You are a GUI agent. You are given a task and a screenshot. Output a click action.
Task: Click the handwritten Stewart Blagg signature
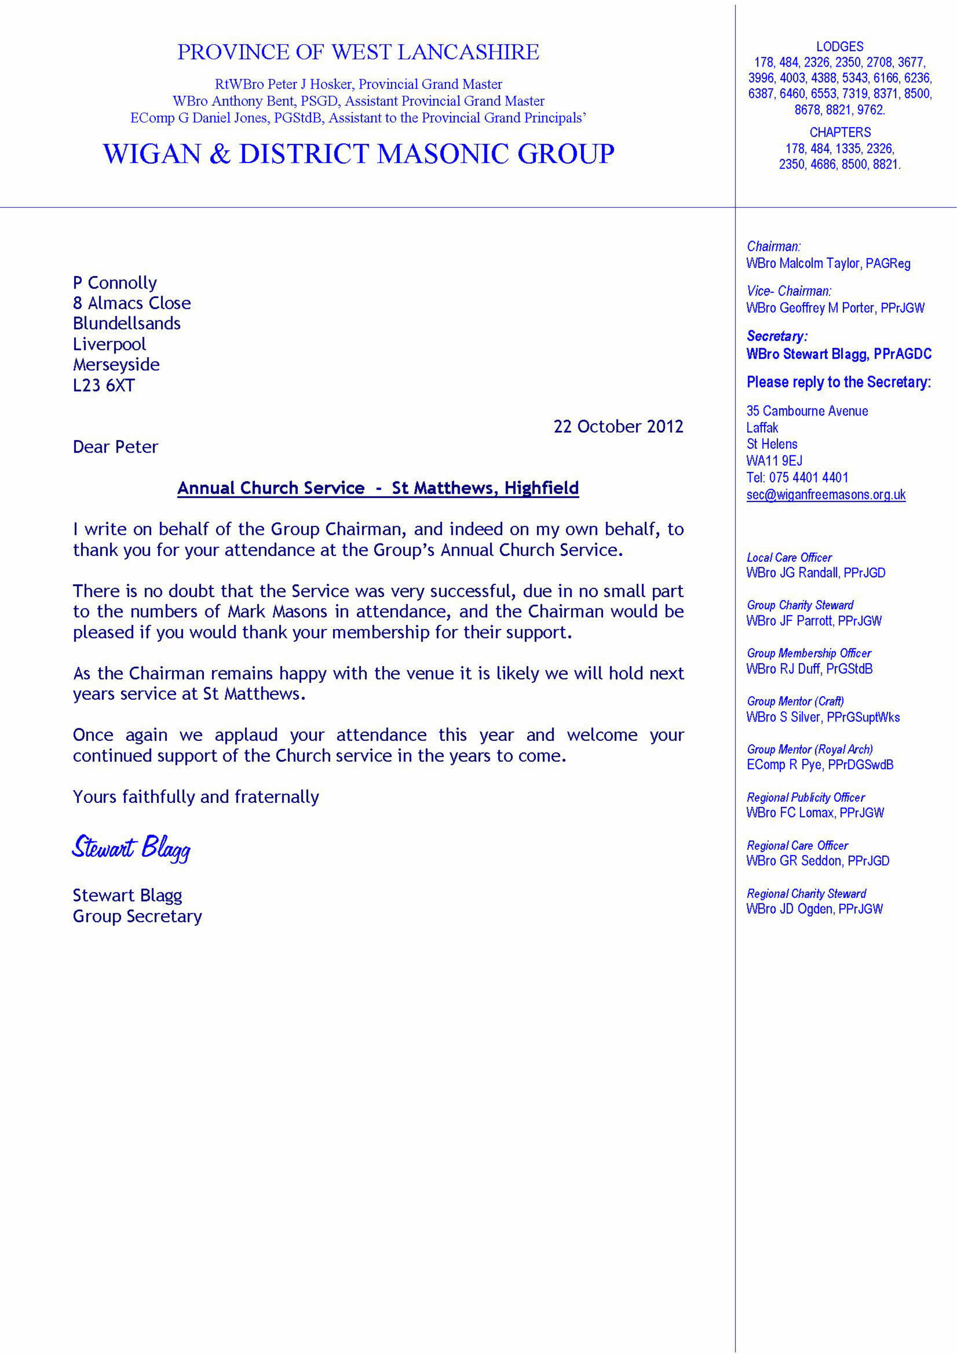[x=131, y=848]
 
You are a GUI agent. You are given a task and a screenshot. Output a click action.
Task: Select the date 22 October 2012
[x=618, y=426]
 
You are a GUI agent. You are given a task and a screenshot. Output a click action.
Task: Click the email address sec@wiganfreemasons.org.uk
[x=826, y=495]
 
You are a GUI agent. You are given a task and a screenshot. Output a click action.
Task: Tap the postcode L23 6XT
[x=104, y=386]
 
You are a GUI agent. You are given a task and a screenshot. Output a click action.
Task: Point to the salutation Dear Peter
[x=115, y=447]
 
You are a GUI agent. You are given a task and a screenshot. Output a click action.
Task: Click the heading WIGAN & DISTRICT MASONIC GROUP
[x=358, y=154]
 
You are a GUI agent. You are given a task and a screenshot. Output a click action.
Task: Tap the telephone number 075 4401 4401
[x=808, y=478]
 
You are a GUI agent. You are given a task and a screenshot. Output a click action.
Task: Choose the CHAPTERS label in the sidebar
[x=840, y=132]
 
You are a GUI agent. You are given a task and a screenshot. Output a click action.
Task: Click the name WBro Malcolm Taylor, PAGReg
[x=828, y=263]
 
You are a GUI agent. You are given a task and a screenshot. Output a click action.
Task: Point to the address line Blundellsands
[x=127, y=324]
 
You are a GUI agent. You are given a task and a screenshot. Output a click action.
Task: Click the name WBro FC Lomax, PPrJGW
[x=815, y=813]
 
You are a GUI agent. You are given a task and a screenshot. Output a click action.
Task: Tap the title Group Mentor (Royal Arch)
[x=809, y=749]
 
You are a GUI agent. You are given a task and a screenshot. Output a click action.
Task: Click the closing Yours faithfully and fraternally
[x=196, y=797]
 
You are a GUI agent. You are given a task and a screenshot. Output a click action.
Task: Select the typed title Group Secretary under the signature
[x=137, y=916]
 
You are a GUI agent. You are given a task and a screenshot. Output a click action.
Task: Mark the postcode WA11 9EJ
[x=774, y=461]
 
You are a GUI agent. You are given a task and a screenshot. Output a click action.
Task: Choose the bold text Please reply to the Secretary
[x=838, y=382]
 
